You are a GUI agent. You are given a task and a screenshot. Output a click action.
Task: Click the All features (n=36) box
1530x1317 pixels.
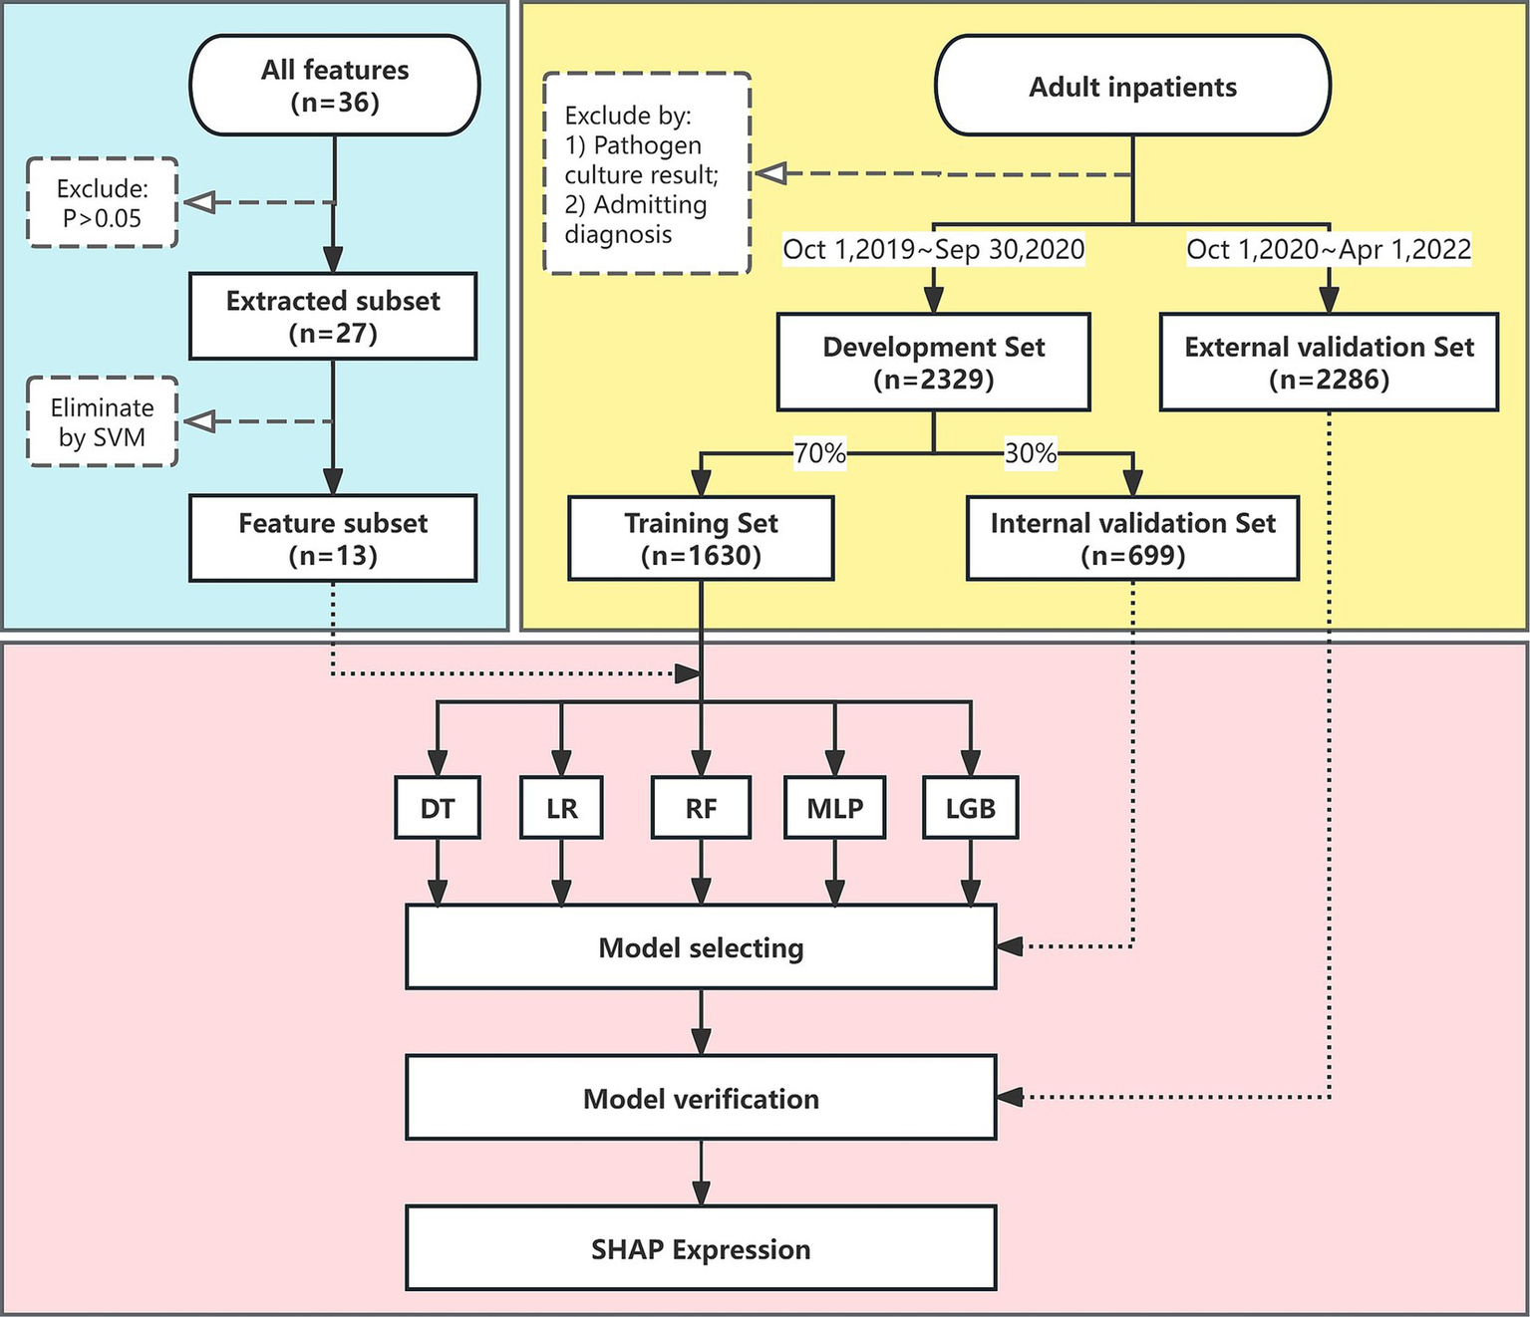coord(334,86)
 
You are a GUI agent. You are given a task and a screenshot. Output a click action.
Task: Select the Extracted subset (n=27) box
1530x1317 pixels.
coord(333,316)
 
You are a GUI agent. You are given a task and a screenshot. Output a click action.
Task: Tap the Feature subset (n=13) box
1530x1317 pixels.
coord(333,538)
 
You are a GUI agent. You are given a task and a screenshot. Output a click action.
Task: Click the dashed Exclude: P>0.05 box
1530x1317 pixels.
coord(102,203)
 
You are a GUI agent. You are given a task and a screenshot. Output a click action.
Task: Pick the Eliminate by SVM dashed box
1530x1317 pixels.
coord(102,421)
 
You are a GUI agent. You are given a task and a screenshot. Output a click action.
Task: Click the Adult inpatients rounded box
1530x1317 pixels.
coord(1132,87)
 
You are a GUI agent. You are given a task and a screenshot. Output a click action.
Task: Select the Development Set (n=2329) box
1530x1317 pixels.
coord(933,363)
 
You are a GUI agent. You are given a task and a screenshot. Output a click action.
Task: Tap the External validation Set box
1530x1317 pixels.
coord(1329,363)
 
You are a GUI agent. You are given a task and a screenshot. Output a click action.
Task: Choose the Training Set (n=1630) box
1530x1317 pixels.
coord(701,538)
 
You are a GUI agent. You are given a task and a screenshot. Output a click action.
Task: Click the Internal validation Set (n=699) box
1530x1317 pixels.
coord(1132,538)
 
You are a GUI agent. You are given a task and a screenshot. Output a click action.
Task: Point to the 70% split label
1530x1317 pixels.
coord(819,453)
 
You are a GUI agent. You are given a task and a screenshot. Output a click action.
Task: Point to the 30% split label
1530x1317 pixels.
coord(1030,453)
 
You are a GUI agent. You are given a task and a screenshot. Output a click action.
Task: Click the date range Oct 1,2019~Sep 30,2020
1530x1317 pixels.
coord(933,249)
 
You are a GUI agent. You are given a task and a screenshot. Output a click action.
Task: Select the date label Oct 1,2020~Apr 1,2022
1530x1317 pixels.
coord(1329,249)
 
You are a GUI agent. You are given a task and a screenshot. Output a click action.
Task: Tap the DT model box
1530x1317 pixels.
coord(438,808)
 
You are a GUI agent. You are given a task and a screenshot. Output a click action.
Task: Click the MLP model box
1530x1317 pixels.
coord(835,808)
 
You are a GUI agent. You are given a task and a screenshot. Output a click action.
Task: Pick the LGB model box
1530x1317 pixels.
coord(970,808)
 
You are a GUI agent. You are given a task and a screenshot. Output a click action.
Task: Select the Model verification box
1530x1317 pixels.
coord(701,1098)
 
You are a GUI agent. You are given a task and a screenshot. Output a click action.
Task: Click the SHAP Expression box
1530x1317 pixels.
coord(701,1248)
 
